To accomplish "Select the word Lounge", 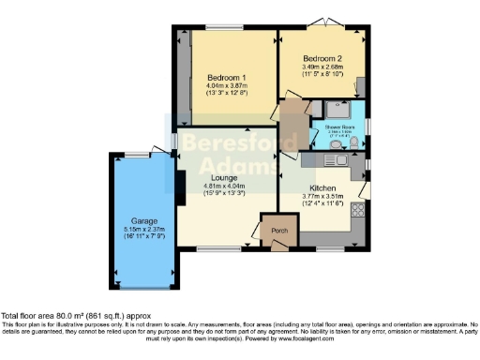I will pyautogui.click(x=223, y=178).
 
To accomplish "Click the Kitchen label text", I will pyautogui.click(x=323, y=187).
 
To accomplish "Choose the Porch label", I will pyautogui.click(x=278, y=231).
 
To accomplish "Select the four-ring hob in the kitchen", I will pyautogui.click(x=356, y=214).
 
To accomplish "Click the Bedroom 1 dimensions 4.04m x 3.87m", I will pyautogui.click(x=226, y=88).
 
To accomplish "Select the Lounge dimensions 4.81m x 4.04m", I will pyautogui.click(x=223, y=187).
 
